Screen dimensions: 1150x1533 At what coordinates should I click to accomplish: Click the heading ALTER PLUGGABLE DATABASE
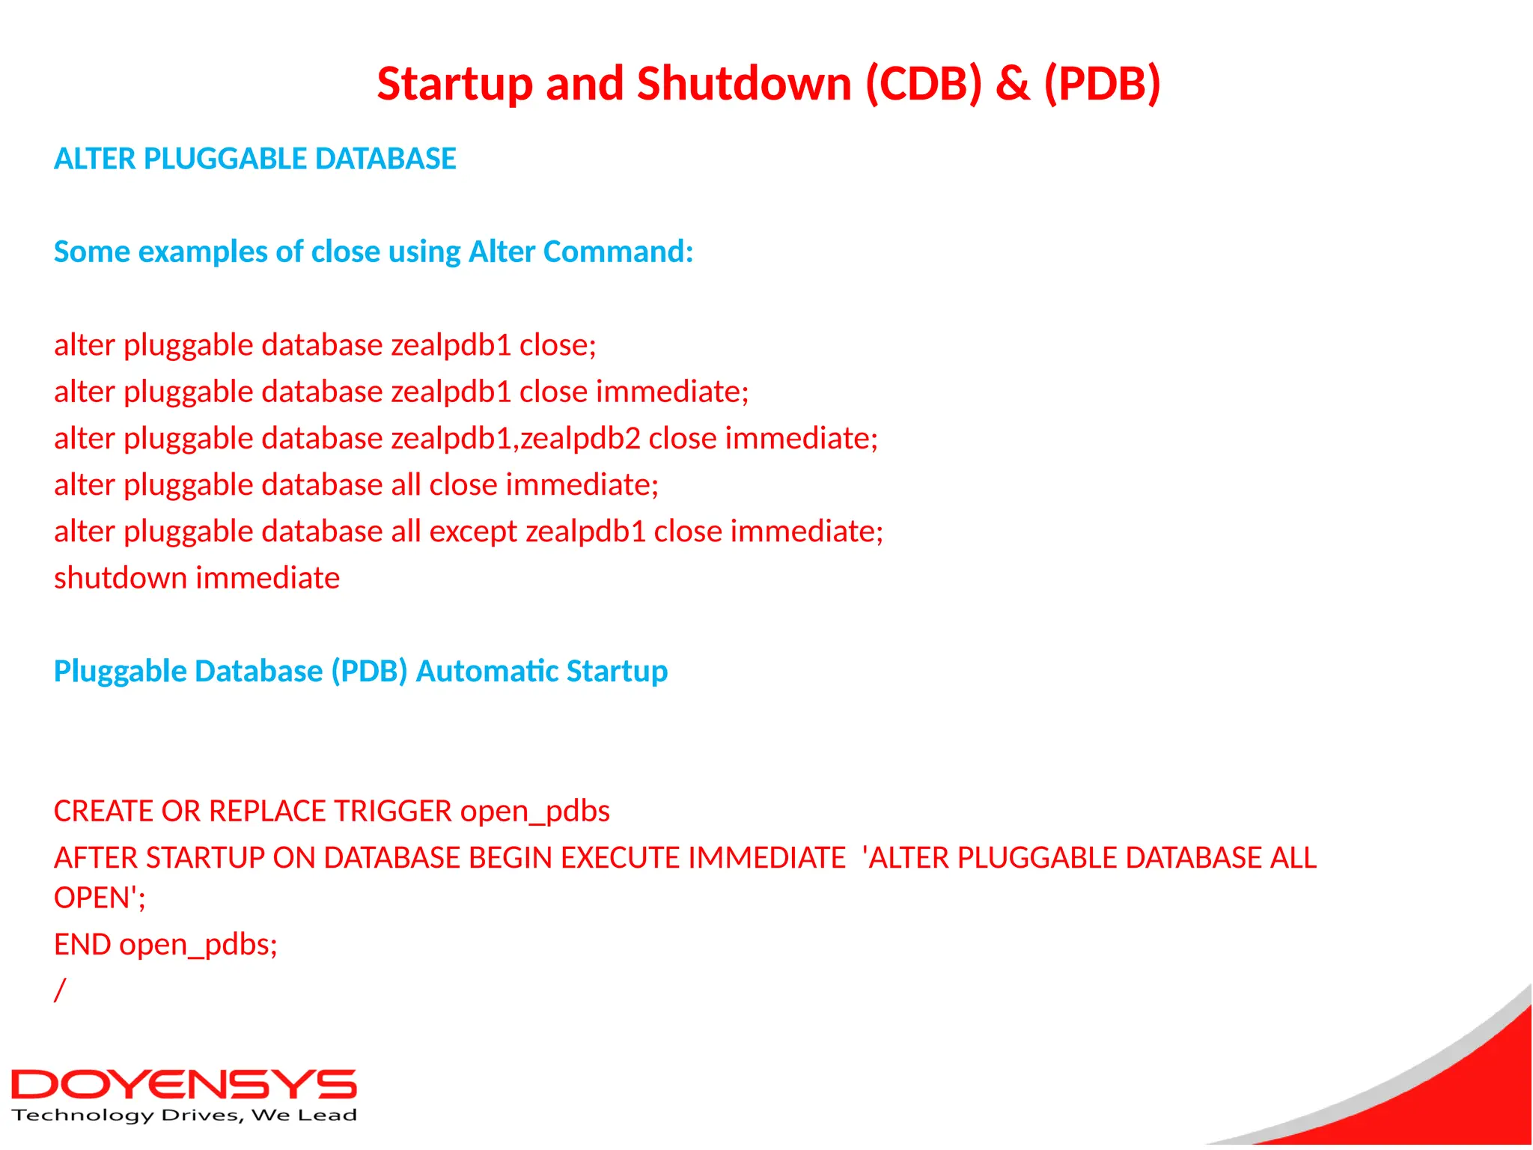[x=255, y=159]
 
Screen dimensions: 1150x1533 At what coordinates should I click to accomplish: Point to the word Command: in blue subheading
[x=618, y=252]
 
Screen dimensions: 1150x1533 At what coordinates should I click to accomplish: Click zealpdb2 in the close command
[x=580, y=438]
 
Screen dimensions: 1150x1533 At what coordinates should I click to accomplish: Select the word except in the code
[x=472, y=532]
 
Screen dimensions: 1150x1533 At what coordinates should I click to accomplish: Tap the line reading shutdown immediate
[x=197, y=578]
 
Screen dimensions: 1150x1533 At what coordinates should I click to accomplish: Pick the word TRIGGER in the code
[x=392, y=811]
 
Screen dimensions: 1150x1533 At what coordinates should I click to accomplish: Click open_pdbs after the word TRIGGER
[x=534, y=811]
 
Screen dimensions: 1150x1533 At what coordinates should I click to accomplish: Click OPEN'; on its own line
[x=99, y=898]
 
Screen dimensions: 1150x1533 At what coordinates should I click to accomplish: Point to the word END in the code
[x=82, y=945]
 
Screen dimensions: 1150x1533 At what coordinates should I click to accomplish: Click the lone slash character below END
[x=60, y=990]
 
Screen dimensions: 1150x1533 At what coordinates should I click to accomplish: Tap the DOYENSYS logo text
[x=183, y=1085]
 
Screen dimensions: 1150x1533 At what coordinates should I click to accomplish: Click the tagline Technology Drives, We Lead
[x=183, y=1116]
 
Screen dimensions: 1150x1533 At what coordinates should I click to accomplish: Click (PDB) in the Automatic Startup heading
[x=369, y=671]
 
